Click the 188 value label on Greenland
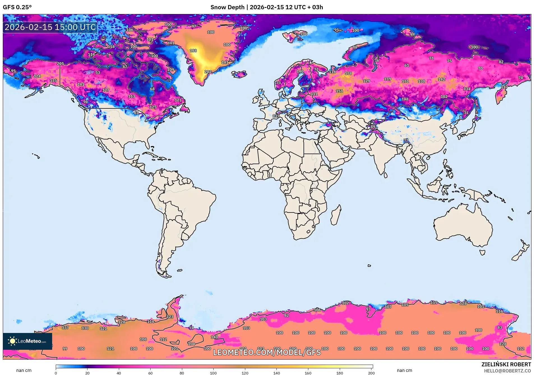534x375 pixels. pyautogui.click(x=193, y=51)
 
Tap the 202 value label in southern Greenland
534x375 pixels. pyautogui.click(x=208, y=72)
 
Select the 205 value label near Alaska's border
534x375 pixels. pyautogui.click(x=60, y=64)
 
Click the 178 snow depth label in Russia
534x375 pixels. pyautogui.click(x=348, y=73)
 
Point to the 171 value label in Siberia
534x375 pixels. pyautogui.click(x=405, y=81)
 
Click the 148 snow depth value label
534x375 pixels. pyautogui.click(x=405, y=99)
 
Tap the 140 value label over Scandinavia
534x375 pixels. pyautogui.click(x=300, y=71)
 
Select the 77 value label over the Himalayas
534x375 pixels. pyautogui.click(x=406, y=140)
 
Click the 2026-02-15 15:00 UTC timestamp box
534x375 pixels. pyautogui.click(x=50, y=27)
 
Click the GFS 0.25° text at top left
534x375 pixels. pyautogui.click(x=17, y=7)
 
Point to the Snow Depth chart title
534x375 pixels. pyautogui.click(x=267, y=7)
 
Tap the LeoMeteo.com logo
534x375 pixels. pyautogui.click(x=27, y=341)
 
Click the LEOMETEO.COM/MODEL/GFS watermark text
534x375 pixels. pyautogui.click(x=267, y=352)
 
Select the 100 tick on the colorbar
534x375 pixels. pyautogui.click(x=213, y=373)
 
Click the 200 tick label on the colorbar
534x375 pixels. pyautogui.click(x=371, y=373)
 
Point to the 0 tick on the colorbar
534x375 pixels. pyautogui.click(x=56, y=373)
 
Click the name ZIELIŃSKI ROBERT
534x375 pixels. pyautogui.click(x=506, y=364)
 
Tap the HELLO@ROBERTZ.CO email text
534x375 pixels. pyautogui.click(x=507, y=371)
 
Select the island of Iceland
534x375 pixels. pyautogui.click(x=239, y=74)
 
